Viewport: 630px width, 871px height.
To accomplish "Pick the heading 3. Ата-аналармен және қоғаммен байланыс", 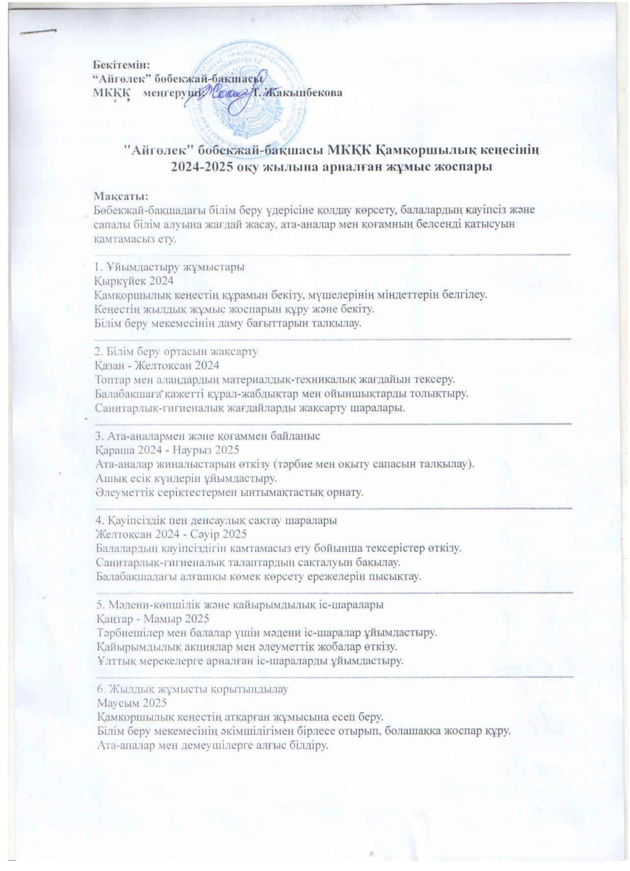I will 208,436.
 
